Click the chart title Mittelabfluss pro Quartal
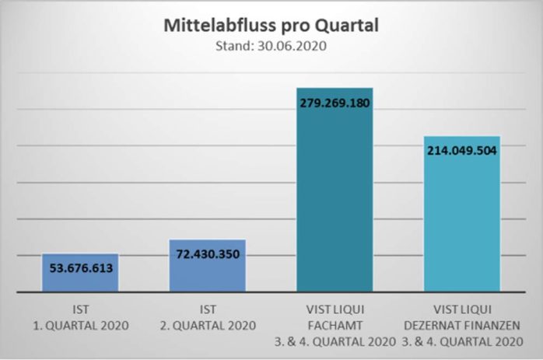[x=271, y=25]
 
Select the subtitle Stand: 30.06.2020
[x=271, y=45]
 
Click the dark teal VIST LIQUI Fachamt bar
[x=335, y=202]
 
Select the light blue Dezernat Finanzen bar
[x=462, y=225]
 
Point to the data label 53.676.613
[x=80, y=268]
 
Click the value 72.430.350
[x=208, y=254]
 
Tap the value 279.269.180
[x=335, y=101]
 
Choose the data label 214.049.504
[x=462, y=150]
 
